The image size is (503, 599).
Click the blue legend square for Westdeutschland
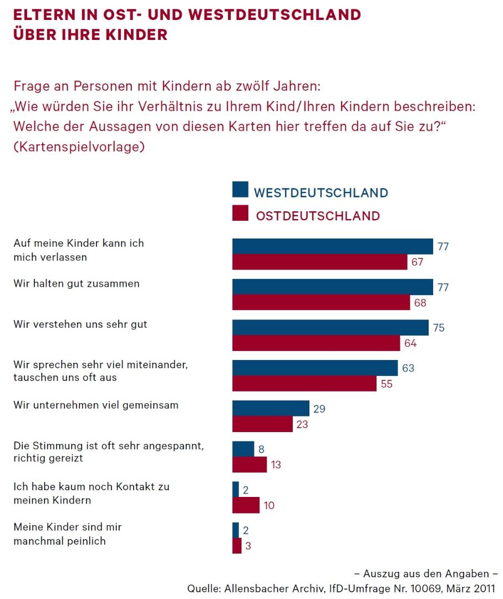pos(240,190)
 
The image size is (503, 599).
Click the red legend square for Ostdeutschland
pos(240,214)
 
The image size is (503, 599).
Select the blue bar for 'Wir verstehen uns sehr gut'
pos(330,328)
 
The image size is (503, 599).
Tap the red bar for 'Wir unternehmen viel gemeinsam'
pos(262,424)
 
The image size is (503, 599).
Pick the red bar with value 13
pos(249,465)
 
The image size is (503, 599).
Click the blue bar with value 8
pos(243,449)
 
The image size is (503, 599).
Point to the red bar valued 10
pos(246,505)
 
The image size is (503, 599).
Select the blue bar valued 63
pos(314,368)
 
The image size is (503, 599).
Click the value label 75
pos(438,328)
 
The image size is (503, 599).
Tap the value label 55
pos(386,384)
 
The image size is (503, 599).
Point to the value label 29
pos(319,409)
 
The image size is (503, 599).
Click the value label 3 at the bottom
pos(248,546)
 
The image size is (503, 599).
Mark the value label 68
pos(419,303)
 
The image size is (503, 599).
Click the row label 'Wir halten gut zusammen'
pos(77,283)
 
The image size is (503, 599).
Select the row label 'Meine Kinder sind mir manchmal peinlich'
pos(68,534)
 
